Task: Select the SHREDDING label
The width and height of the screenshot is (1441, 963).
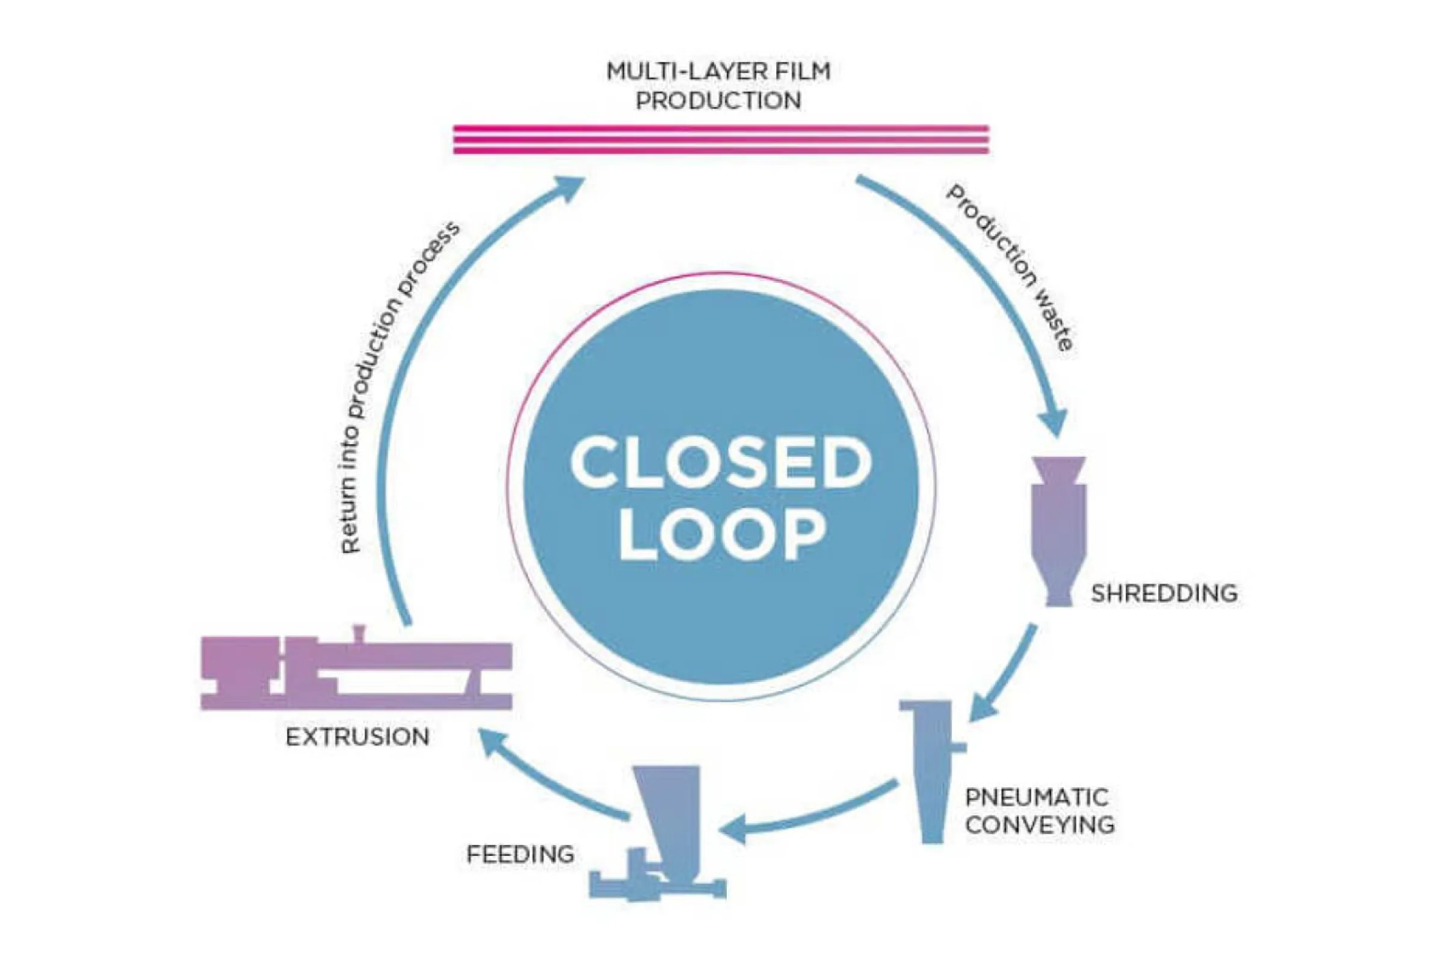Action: [x=1164, y=593]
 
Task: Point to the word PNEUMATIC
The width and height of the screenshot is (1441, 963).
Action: [x=1037, y=797]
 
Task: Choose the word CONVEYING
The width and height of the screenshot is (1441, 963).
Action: [x=1040, y=824]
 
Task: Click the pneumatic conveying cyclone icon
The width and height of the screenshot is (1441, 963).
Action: [x=932, y=768]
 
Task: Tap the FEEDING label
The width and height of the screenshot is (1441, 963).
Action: [x=520, y=853]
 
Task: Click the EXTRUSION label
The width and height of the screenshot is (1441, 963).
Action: [x=357, y=736]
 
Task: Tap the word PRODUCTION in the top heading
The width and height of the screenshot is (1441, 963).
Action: [x=718, y=101]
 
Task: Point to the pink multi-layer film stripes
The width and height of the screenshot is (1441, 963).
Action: [x=721, y=140]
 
